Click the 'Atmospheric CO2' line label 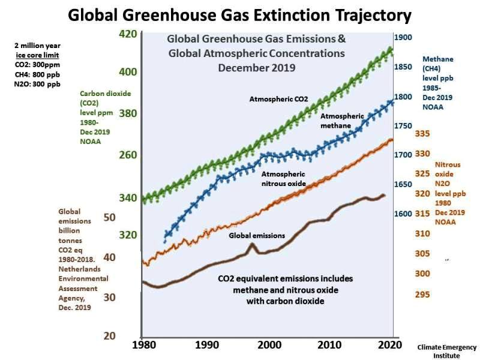point(277,98)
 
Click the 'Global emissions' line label point(257,236)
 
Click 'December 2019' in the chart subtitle point(256,67)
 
